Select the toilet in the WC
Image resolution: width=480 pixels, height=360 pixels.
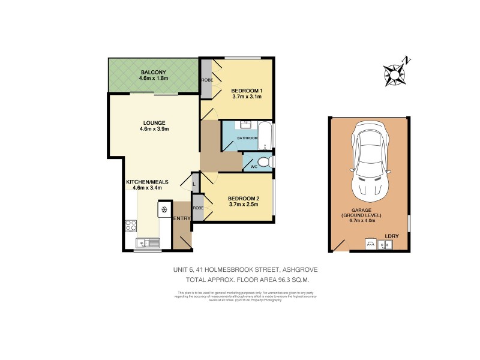pyautogui.click(x=263, y=162)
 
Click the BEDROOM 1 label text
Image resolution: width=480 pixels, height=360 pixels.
pyautogui.click(x=247, y=91)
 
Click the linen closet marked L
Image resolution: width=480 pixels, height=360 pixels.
pyautogui.click(x=194, y=183)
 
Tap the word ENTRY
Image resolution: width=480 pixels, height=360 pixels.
pyautogui.click(x=182, y=218)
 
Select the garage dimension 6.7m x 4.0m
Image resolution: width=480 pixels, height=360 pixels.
pyautogui.click(x=367, y=220)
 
